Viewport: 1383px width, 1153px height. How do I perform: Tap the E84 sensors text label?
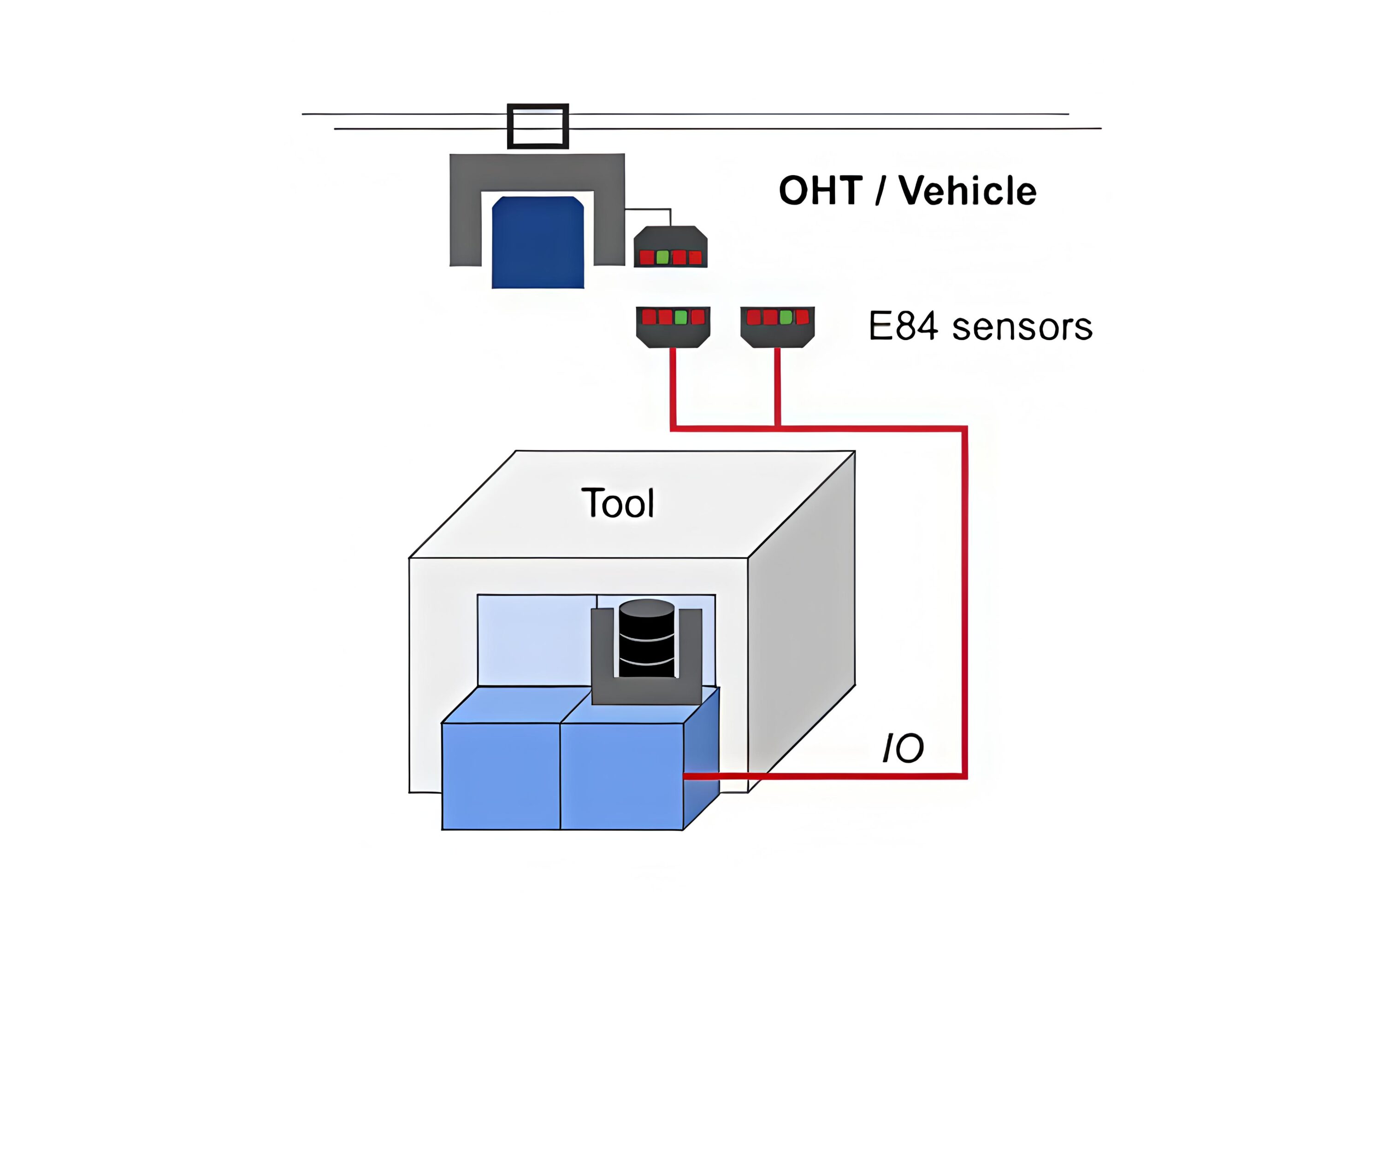coord(980,327)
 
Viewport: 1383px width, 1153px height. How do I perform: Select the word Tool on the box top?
coord(618,503)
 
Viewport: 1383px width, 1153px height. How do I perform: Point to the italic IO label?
coord(903,748)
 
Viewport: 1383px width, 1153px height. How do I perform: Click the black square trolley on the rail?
coord(538,126)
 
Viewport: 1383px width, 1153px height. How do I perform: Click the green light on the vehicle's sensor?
coord(662,258)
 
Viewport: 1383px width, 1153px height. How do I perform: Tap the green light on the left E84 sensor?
coord(681,318)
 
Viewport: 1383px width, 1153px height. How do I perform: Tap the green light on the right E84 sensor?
coord(786,318)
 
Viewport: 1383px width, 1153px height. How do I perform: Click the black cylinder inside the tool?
coord(647,638)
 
